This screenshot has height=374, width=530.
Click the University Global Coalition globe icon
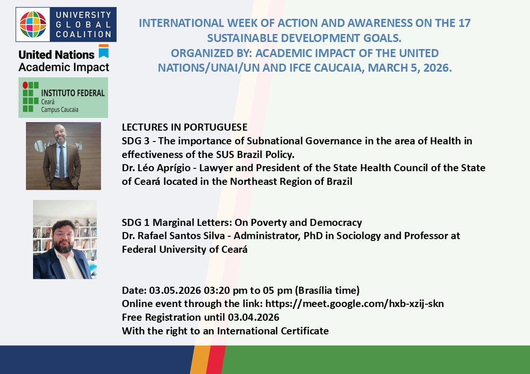[33, 25]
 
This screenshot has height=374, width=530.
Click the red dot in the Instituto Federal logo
[25, 85]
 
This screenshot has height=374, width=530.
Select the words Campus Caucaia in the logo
[60, 109]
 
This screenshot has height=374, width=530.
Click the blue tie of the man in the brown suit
[61, 161]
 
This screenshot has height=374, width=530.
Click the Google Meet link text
[354, 304]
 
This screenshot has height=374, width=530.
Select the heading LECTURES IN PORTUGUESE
[185, 127]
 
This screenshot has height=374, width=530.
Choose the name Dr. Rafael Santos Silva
[173, 235]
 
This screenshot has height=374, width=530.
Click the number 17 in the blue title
[465, 23]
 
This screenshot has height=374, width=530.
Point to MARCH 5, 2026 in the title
[410, 68]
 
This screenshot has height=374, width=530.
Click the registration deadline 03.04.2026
[253, 317]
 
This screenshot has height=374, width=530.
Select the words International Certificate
[273, 331]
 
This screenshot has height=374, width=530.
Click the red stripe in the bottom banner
[215, 359]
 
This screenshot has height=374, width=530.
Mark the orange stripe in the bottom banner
[200, 359]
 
